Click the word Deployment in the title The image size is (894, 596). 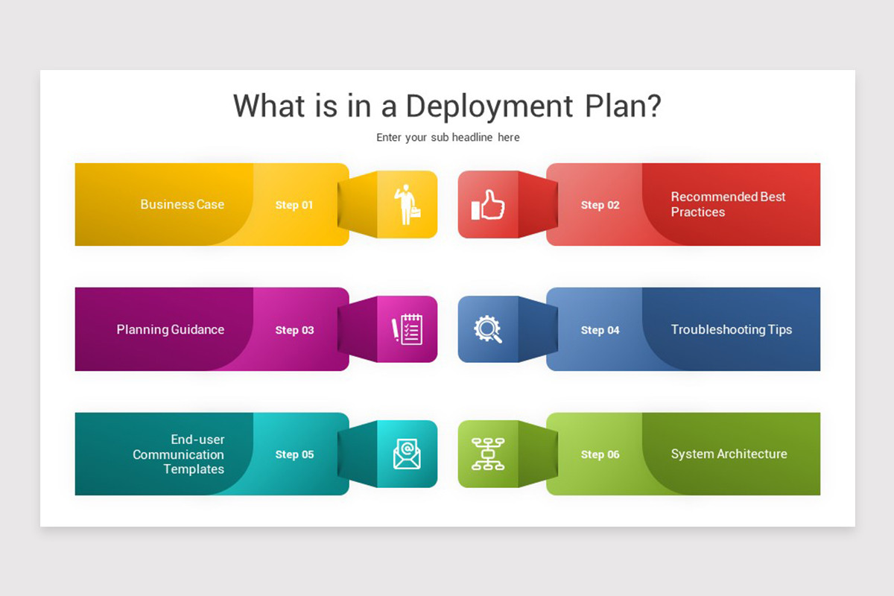[489, 107]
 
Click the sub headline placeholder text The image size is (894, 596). [448, 137]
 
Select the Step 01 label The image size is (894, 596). [294, 205]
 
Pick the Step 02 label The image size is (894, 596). [600, 205]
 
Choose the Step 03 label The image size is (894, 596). [294, 330]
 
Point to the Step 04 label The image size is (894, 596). [600, 330]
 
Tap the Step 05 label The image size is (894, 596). [294, 454]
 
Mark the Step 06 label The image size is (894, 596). [600, 454]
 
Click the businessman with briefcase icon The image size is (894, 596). [408, 204]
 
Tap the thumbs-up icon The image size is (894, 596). [488, 205]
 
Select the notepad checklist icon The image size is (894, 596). [407, 329]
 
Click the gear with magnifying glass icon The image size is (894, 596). [488, 329]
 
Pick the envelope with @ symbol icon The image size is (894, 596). [407, 454]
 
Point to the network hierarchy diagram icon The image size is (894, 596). [488, 454]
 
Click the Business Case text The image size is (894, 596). [182, 204]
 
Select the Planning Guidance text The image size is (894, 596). [171, 329]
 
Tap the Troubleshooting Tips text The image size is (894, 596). [731, 329]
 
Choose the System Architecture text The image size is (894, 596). [729, 454]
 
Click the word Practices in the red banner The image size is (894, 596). [697, 212]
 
